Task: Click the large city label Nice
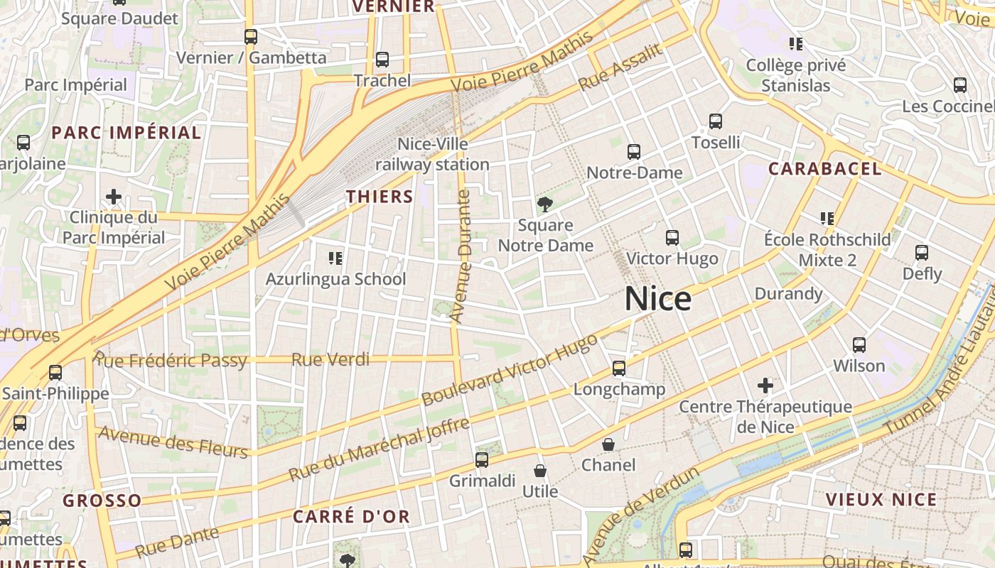[657, 299]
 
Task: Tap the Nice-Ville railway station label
[432, 154]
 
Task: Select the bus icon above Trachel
[382, 60]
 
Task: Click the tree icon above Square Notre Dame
[545, 205]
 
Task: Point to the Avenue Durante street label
[463, 256]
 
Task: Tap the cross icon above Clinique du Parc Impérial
[114, 197]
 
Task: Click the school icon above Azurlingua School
[335, 258]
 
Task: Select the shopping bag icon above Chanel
[608, 444]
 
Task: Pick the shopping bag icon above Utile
[540, 471]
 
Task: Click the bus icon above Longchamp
[619, 368]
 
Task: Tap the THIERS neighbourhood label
[380, 197]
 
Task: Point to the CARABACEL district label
[825, 169]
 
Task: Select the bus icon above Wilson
[859, 345]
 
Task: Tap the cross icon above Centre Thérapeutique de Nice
[765, 386]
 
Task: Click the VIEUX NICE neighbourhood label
[881, 499]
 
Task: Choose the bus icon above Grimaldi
[482, 460]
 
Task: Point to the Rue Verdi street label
[330, 360]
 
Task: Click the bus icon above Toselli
[716, 121]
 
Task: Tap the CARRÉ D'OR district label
[352, 516]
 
